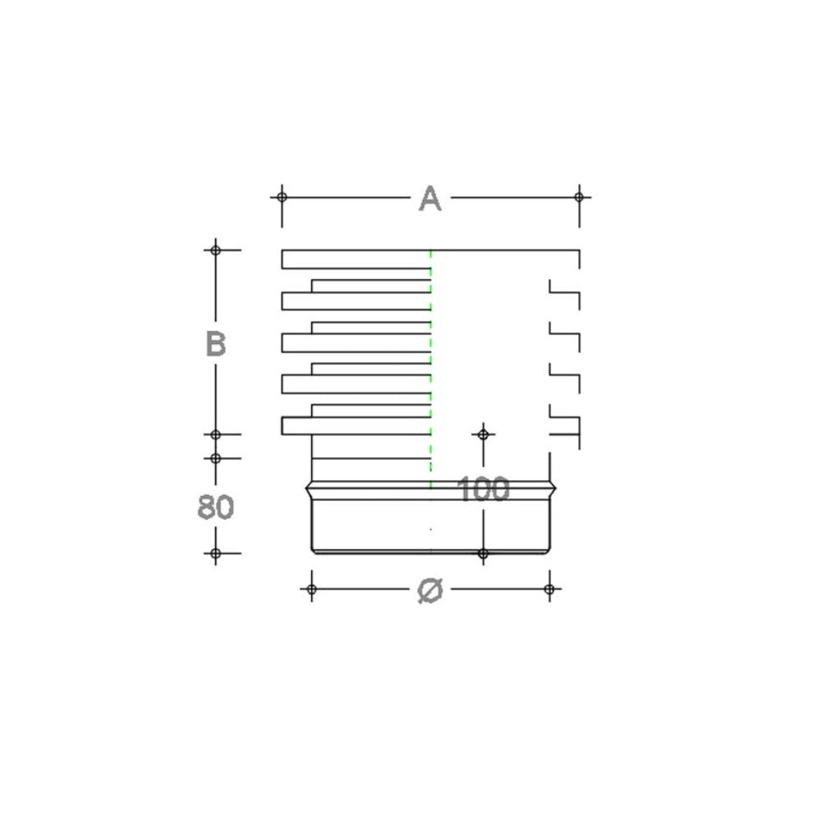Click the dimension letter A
click(x=430, y=199)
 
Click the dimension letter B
click(x=215, y=344)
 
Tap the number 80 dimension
click(x=215, y=507)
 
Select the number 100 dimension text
click(x=483, y=490)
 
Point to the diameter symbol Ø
click(x=430, y=589)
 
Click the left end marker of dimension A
click(x=282, y=197)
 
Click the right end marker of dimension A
click(x=579, y=197)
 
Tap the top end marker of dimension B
click(x=215, y=250)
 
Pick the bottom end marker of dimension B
click(x=215, y=434)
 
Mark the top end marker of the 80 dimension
click(x=215, y=458)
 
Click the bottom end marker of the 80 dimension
click(x=215, y=553)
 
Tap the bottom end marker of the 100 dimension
click(x=483, y=553)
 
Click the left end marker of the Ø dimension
click(x=311, y=589)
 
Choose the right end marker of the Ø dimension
click(x=550, y=589)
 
